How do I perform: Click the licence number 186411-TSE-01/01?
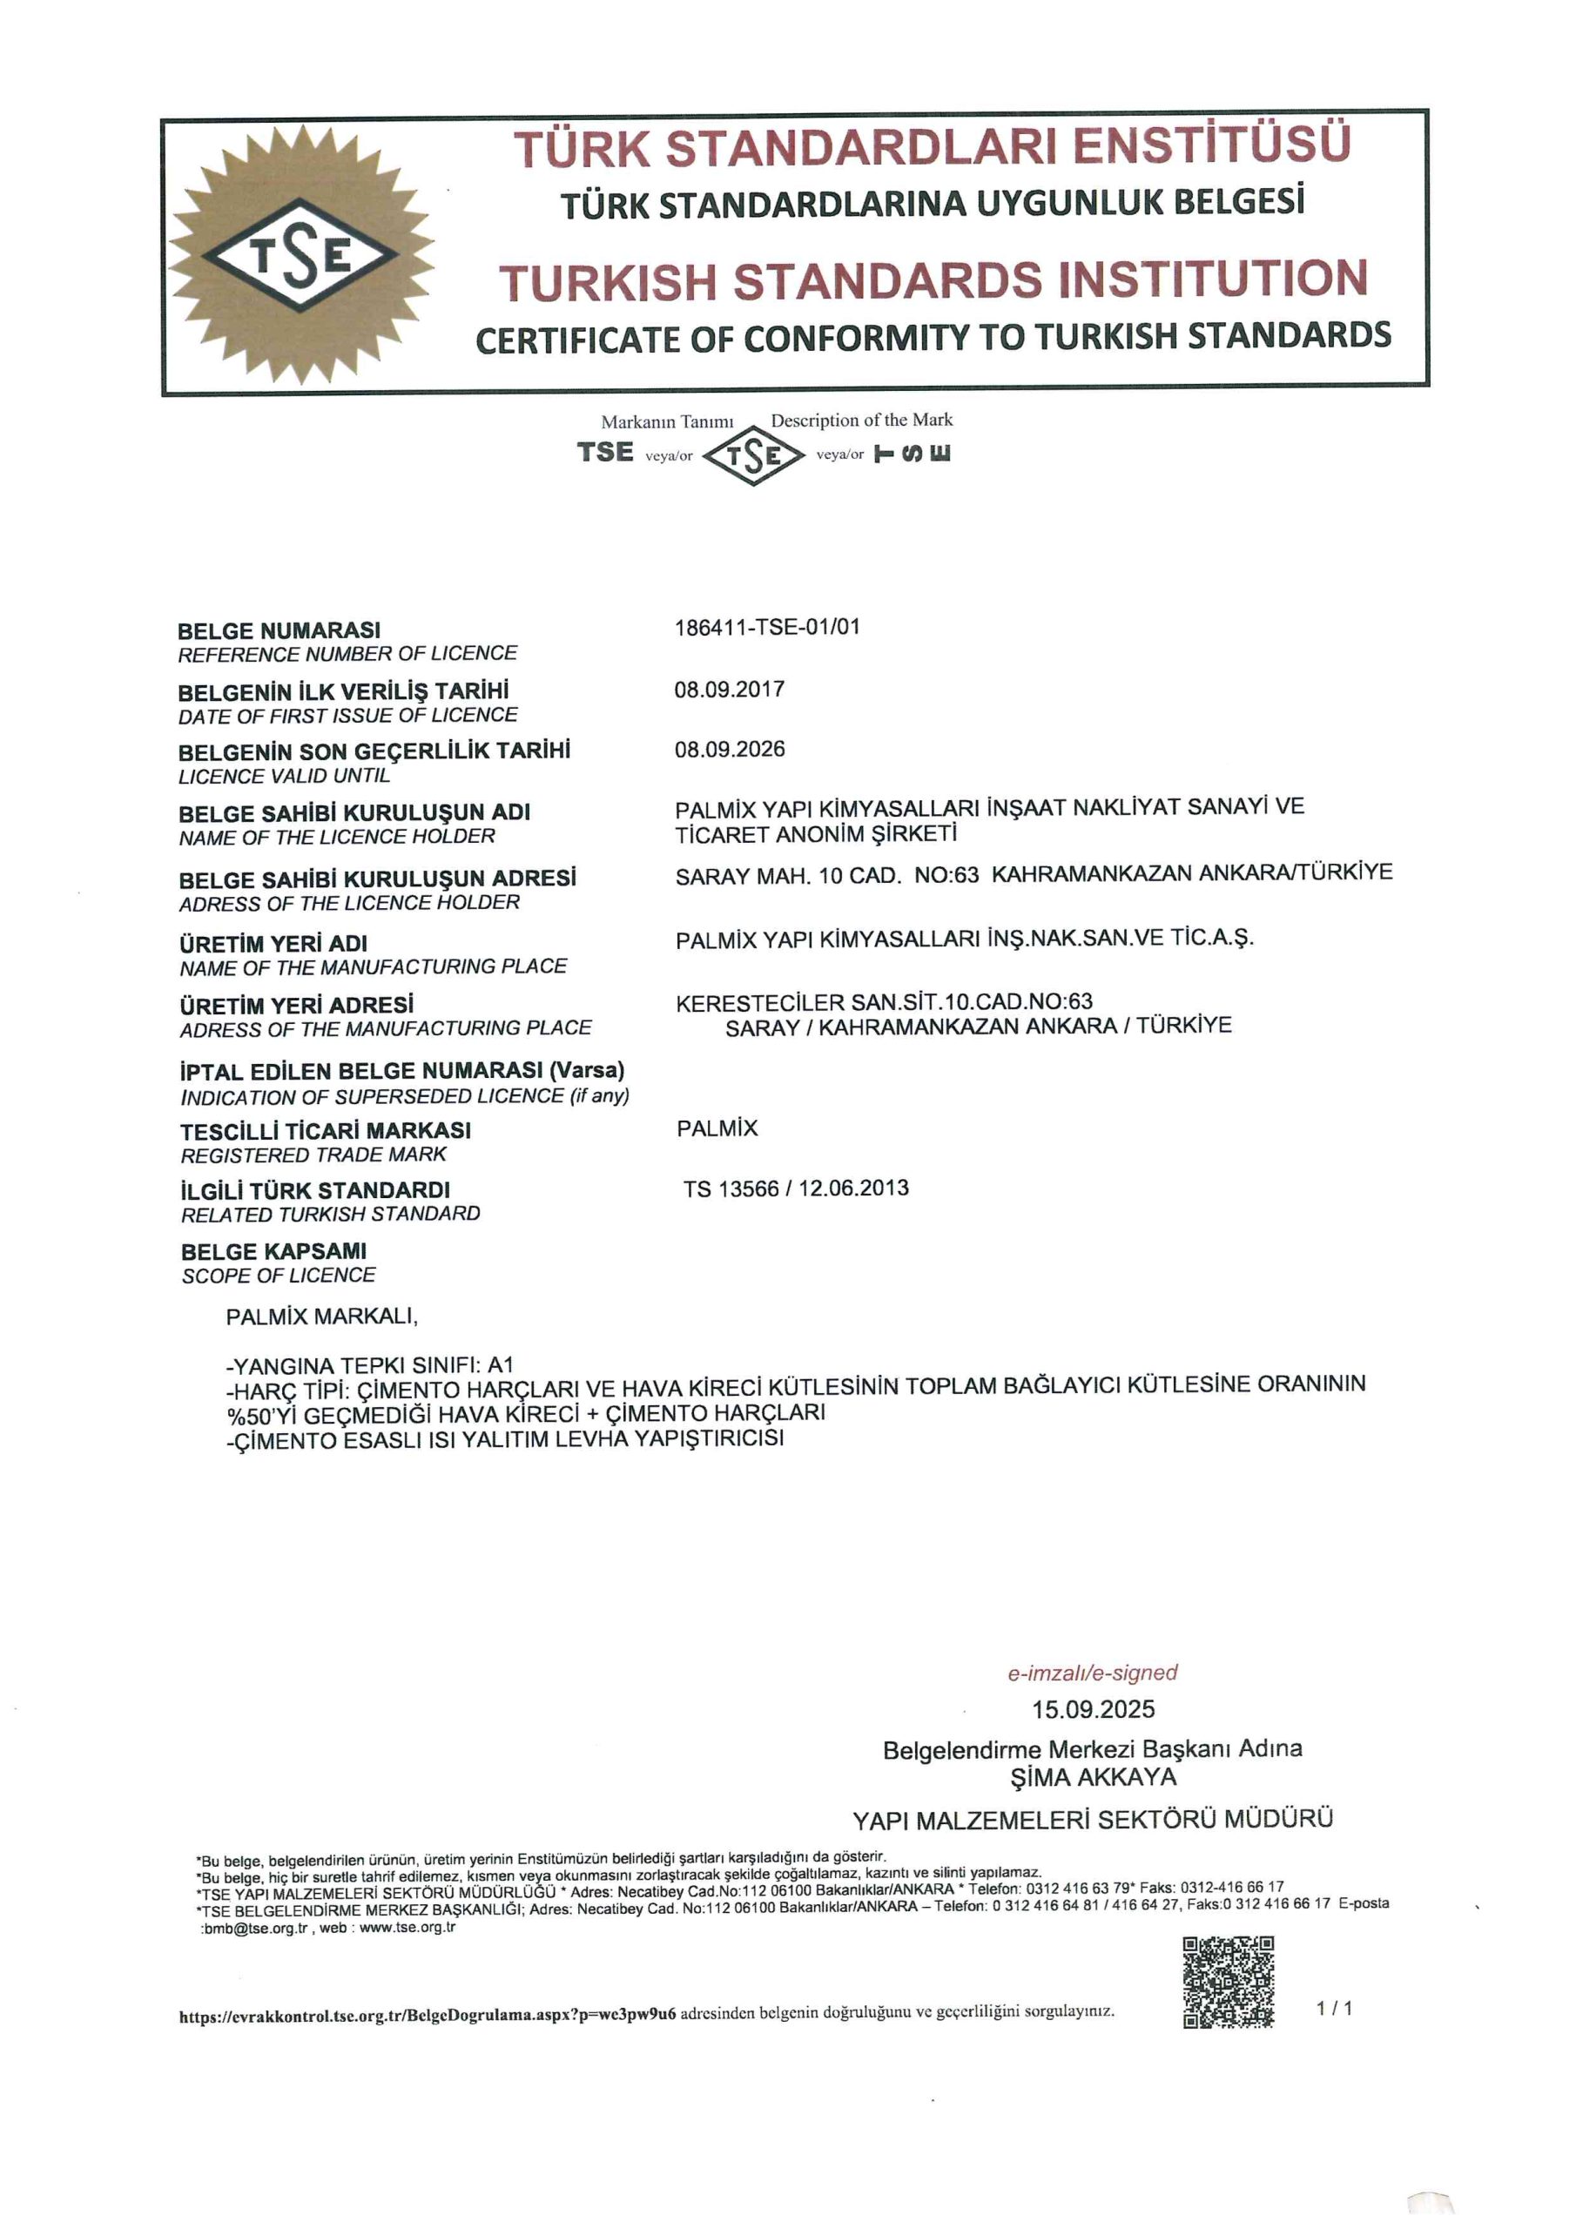pos(767,627)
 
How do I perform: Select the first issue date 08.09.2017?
pos(730,690)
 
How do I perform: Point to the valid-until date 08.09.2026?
pos(730,750)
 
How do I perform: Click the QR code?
pos(1228,1983)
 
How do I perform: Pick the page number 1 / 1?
pos(1334,2008)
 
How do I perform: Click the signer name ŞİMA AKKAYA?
pos(1093,1778)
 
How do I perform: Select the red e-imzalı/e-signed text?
pos(1092,1673)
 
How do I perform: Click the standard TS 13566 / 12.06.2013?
pos(795,1189)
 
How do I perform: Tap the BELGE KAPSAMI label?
pos(273,1251)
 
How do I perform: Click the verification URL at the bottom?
pos(428,2016)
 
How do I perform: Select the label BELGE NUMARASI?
pos(280,630)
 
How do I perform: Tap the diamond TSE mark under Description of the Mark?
pos(753,455)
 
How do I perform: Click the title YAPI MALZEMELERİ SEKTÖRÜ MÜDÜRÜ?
pos(1093,1818)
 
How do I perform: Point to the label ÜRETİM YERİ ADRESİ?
pos(297,1005)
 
